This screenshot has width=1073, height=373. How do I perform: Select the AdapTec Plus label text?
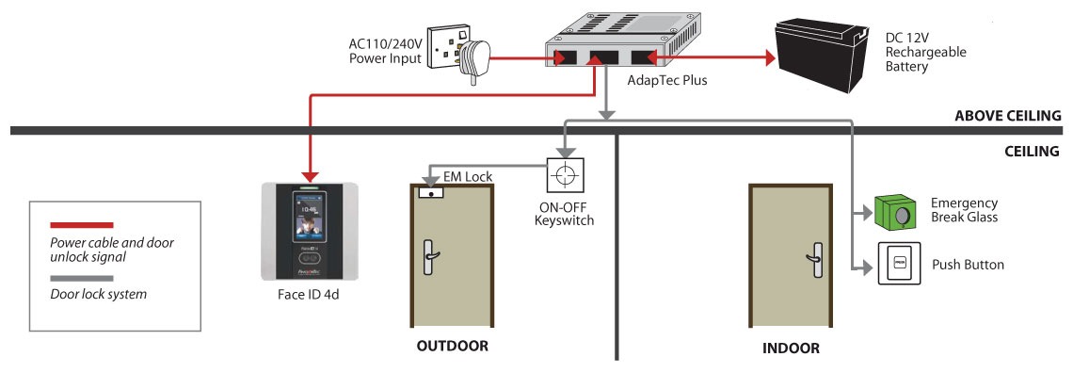(667, 80)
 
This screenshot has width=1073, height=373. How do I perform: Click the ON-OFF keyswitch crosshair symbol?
(566, 175)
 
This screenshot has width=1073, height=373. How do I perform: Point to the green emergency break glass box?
(895, 212)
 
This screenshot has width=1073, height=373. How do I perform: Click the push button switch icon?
(899, 264)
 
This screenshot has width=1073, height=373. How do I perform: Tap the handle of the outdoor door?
(430, 256)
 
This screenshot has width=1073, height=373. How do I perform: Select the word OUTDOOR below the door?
(453, 346)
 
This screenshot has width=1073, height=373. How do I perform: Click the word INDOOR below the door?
(791, 349)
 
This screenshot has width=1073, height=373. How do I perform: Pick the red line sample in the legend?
(82, 224)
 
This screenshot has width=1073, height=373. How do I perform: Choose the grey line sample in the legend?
(82, 279)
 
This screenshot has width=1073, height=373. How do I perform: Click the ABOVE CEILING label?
(1007, 116)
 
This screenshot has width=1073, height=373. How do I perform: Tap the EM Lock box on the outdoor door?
(430, 194)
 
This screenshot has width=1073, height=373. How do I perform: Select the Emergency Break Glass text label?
(964, 210)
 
